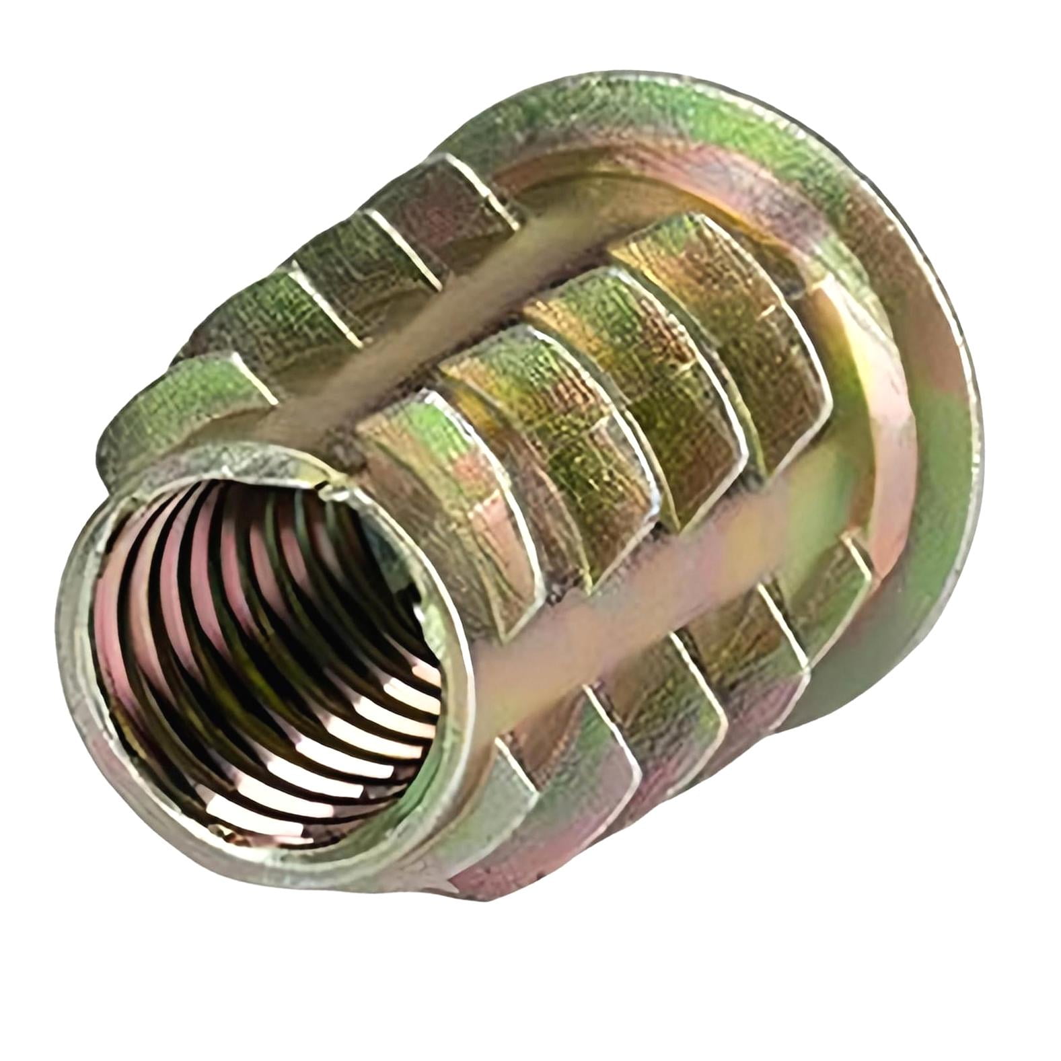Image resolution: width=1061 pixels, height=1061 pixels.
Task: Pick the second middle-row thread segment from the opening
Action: click(x=532, y=417)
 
